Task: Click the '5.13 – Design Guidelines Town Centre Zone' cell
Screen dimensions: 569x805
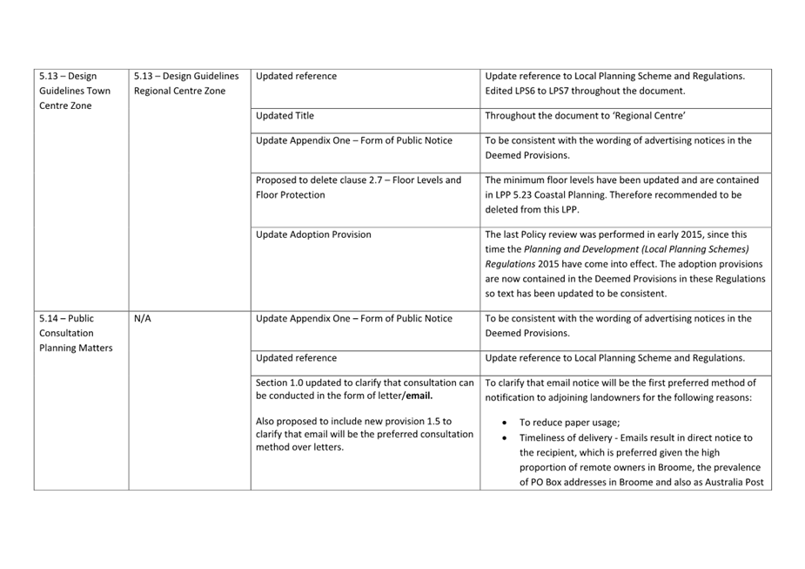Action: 75,91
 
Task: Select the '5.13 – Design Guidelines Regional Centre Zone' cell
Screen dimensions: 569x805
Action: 186,84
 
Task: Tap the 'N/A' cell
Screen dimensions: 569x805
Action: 143,319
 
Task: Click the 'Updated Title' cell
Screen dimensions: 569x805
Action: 285,116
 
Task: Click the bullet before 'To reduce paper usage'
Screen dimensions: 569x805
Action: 506,423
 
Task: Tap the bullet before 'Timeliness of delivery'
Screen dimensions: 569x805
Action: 506,438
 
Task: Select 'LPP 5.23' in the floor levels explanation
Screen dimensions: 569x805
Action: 519,195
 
